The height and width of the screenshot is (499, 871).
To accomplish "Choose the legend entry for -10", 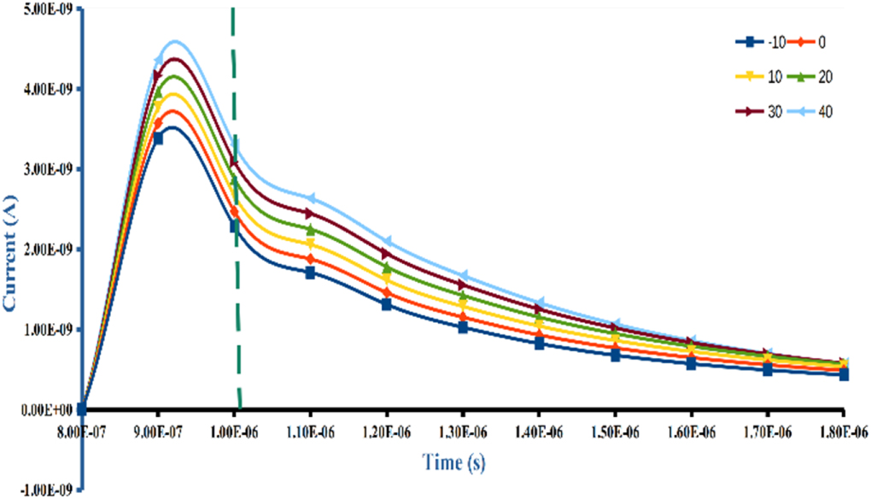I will [760, 42].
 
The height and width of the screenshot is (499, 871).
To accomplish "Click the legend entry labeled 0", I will [808, 42].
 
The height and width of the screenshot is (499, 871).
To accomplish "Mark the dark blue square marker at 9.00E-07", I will [157, 138].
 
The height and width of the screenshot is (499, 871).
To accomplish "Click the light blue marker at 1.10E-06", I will [310, 198].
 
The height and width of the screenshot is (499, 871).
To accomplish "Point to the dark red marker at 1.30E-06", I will [463, 285].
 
